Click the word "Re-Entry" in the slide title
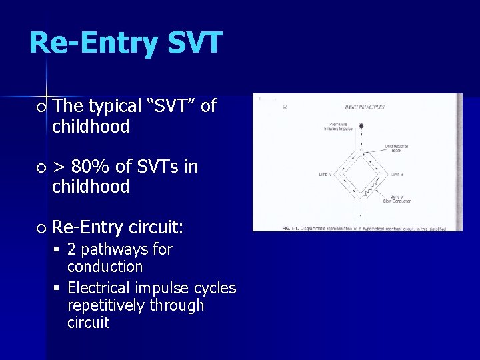tap(93, 43)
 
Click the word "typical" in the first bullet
tap(115, 106)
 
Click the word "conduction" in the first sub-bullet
tap(105, 267)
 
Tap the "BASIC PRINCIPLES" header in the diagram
tap(364, 107)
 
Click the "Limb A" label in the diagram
tap(325, 175)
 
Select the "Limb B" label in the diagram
tap(398, 175)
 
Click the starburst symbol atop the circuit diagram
tap(362, 125)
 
